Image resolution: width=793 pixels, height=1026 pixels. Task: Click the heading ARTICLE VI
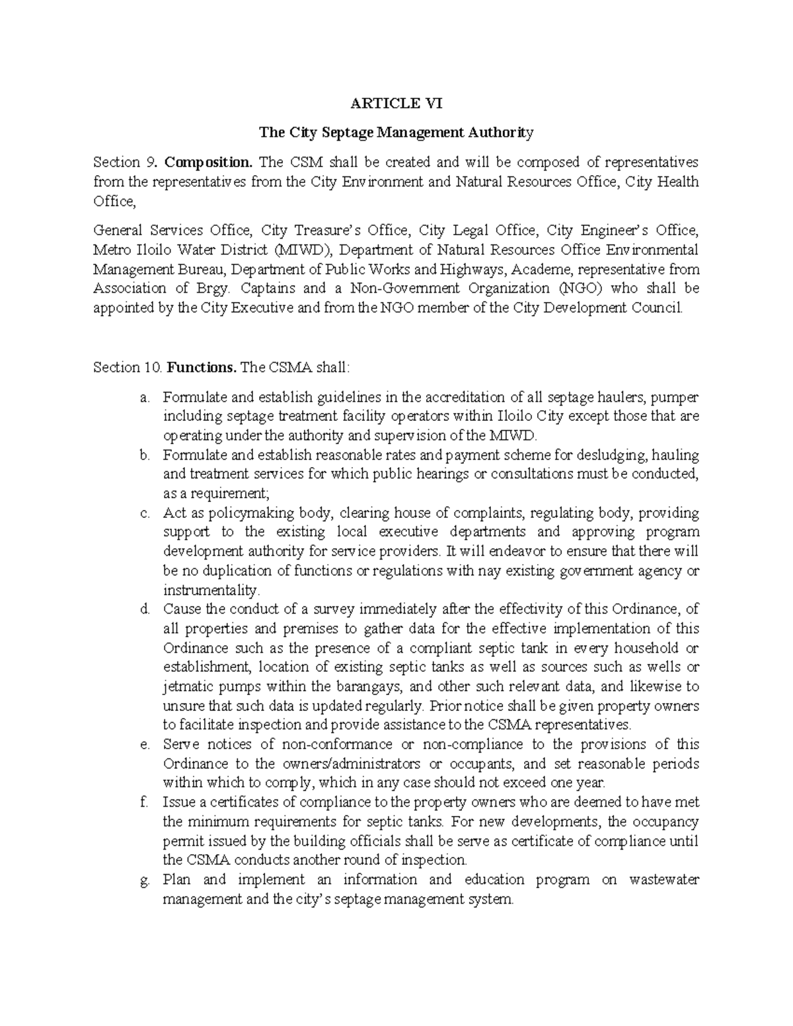click(x=397, y=103)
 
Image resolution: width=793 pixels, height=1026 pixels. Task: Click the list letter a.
click(x=144, y=398)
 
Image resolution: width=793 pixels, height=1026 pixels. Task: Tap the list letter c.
click(x=144, y=513)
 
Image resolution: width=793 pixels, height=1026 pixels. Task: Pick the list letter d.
click(x=144, y=609)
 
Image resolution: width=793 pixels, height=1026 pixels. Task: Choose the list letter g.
click(x=144, y=880)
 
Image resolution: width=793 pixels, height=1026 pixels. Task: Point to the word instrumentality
click(x=211, y=590)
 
